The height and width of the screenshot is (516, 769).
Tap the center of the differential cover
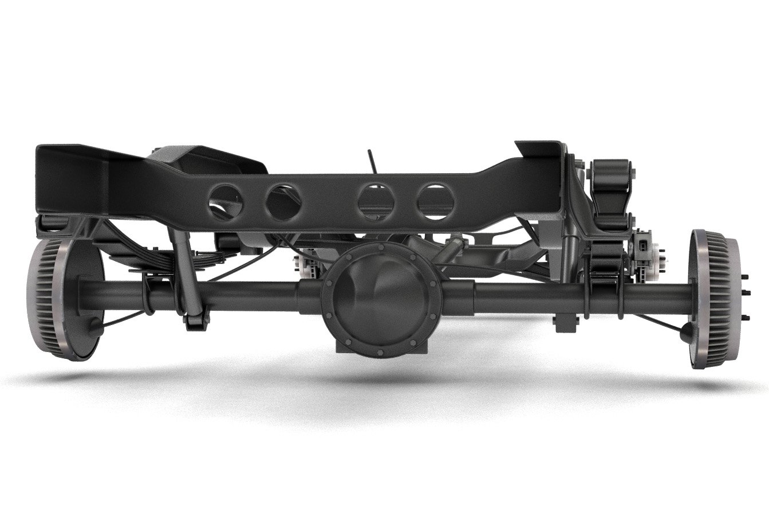tap(381, 298)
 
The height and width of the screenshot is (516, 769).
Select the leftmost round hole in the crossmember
tap(225, 202)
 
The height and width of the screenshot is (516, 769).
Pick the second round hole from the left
tap(283, 202)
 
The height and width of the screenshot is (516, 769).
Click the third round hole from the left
tap(376, 201)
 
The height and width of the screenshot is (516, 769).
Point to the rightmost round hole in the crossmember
tap(436, 202)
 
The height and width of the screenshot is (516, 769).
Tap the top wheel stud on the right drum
tap(746, 277)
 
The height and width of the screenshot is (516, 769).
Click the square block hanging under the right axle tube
tap(566, 322)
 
